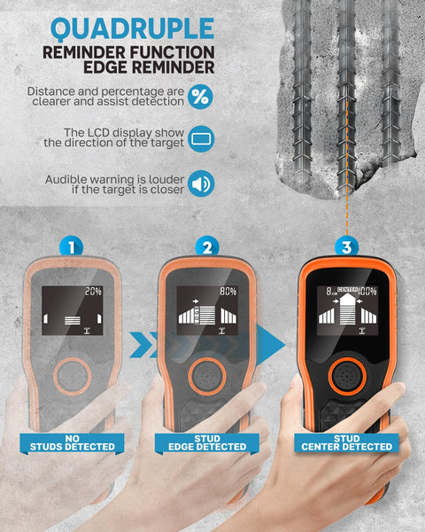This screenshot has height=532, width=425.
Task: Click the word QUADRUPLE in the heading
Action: coord(133,29)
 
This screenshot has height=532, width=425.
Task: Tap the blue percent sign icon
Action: coord(200,97)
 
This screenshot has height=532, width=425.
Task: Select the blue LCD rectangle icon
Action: coord(201,139)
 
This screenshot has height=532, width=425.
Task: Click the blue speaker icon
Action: coord(201,184)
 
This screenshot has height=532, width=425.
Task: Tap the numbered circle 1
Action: coord(71,247)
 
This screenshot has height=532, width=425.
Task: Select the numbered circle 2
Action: coord(207,247)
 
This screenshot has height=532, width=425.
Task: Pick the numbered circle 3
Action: coord(346,247)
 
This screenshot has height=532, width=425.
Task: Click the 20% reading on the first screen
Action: coord(93,291)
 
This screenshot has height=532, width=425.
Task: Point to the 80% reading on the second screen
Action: coord(228,291)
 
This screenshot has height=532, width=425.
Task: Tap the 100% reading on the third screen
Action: coord(367,291)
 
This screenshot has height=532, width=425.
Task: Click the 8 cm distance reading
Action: coord(330,291)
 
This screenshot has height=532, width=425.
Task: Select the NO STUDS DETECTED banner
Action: coord(72,443)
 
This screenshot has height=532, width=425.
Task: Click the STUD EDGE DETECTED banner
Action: coord(207,443)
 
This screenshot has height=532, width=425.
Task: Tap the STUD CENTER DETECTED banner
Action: coord(346,443)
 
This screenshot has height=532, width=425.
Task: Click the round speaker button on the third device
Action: coord(347,376)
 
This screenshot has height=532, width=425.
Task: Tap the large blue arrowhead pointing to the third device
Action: coord(270,345)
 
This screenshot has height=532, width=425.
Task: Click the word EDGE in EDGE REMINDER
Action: coord(105,67)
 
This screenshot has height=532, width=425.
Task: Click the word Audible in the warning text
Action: coord(66,179)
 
